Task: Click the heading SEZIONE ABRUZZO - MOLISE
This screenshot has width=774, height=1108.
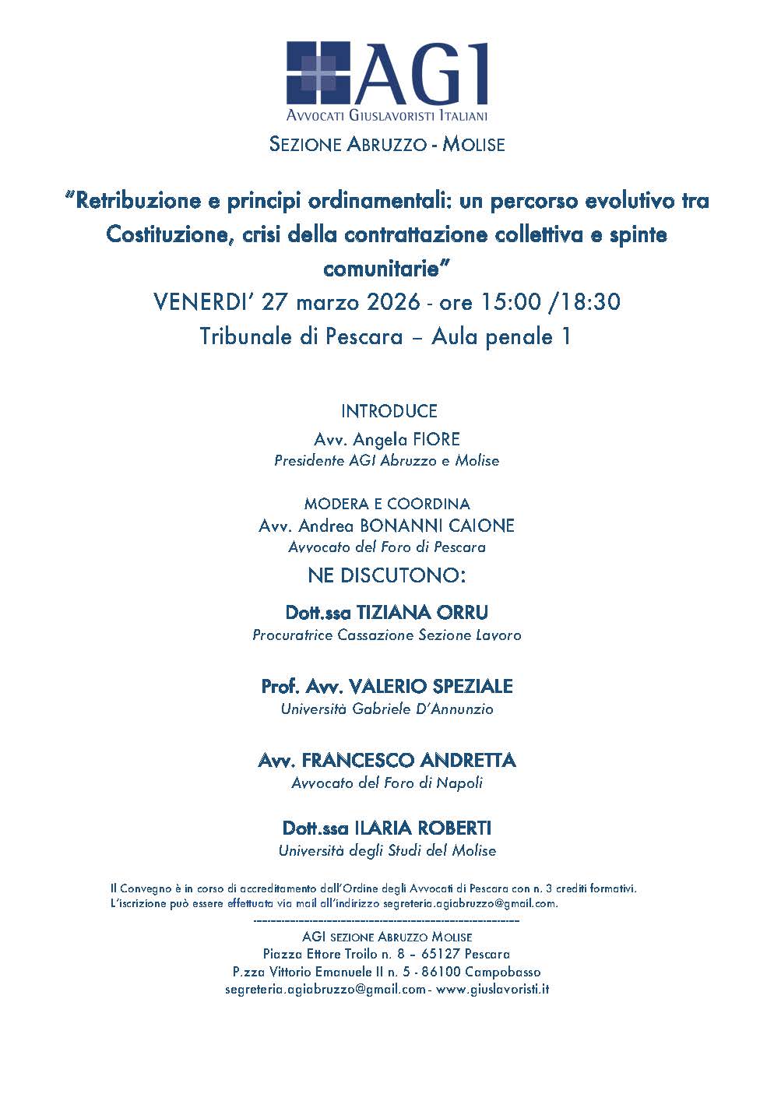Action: (386, 145)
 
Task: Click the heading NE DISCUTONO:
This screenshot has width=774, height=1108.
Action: (386, 576)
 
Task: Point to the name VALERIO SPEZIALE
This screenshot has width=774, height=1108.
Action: (431, 686)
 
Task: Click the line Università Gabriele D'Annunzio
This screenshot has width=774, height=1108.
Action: (387, 709)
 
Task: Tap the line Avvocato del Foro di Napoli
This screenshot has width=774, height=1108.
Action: (387, 783)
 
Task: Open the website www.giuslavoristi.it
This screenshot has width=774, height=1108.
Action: (492, 990)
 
